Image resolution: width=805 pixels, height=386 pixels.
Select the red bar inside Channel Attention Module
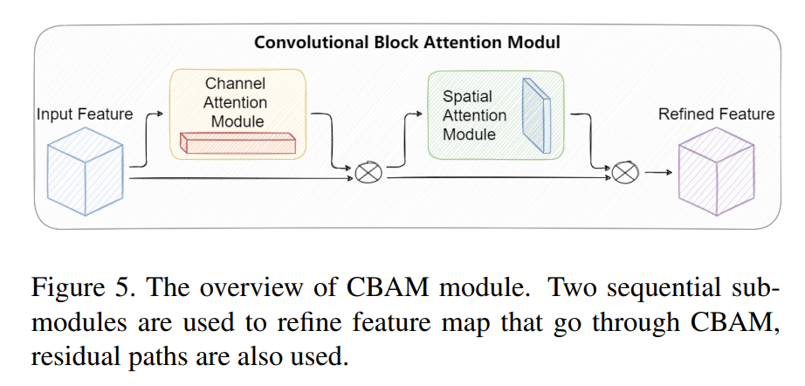pos(237,142)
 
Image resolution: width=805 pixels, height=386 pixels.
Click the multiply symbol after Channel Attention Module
pos(367,174)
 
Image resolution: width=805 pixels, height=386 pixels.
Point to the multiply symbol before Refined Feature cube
pos(623,174)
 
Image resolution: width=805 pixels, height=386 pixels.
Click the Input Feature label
pos(85,114)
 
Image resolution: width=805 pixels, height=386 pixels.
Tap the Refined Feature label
pos(716,114)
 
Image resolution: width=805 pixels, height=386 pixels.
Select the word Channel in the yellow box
pos(235,84)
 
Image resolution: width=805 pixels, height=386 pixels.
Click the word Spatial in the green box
pos(467,96)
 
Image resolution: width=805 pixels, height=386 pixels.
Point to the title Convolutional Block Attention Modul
pos(407,42)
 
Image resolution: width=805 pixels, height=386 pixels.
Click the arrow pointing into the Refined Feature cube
pos(661,174)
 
